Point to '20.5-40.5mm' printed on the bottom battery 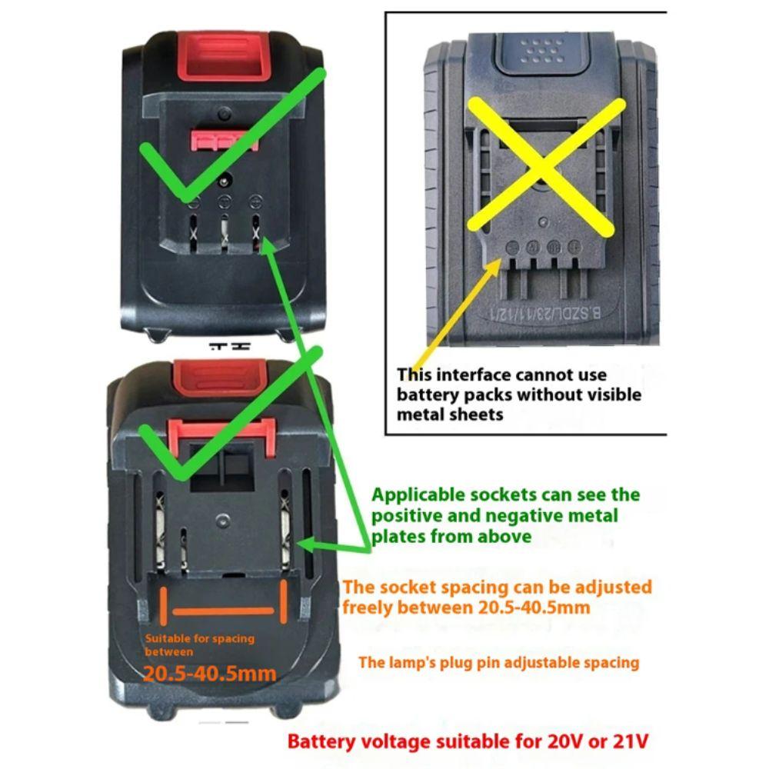pos(210,674)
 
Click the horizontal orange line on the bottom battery pos(222,611)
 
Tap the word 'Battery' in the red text pos(323,742)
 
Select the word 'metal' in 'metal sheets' pos(419,415)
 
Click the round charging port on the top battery pos(225,183)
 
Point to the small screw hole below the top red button pos(224,112)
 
